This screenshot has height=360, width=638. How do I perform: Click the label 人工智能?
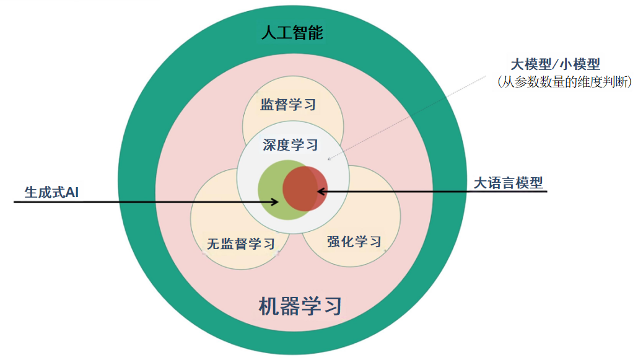(x=292, y=33)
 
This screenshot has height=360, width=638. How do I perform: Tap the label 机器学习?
(x=300, y=305)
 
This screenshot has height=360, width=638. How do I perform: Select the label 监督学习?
(x=288, y=104)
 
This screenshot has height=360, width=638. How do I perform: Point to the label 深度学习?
(x=291, y=145)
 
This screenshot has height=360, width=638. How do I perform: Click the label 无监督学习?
(x=240, y=244)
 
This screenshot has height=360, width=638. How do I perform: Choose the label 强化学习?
(x=354, y=241)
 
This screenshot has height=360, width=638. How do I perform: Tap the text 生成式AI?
(x=51, y=192)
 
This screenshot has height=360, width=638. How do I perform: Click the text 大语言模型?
(x=508, y=183)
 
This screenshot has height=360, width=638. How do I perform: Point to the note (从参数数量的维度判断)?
(x=564, y=81)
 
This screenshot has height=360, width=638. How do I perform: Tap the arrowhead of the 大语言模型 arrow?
(x=321, y=192)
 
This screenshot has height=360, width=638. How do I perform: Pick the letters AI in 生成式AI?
(x=72, y=192)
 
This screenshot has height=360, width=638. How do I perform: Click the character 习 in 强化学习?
(x=374, y=241)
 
